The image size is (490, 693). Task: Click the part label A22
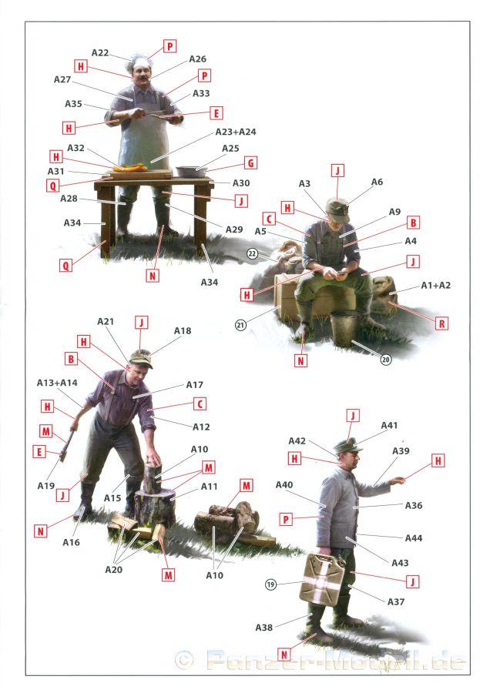tap(100, 53)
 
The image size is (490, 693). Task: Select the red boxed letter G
tap(250, 163)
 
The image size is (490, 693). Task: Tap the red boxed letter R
tap(441, 324)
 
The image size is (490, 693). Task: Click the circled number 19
tap(270, 584)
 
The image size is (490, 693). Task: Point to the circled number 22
tap(252, 253)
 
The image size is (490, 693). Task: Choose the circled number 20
tap(386, 360)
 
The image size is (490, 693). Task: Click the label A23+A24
tap(236, 132)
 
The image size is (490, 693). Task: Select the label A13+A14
tap(57, 383)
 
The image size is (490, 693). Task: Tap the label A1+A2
tap(435, 286)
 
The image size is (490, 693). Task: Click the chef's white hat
tap(139, 62)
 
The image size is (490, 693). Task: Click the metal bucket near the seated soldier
tap(344, 327)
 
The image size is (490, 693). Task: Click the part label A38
tap(264, 628)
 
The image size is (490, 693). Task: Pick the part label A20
tap(114, 570)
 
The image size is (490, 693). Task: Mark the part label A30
tap(241, 183)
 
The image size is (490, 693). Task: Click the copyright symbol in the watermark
tap(184, 661)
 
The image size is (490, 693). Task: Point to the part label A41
tap(389, 425)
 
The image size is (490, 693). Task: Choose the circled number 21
tap(240, 325)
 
